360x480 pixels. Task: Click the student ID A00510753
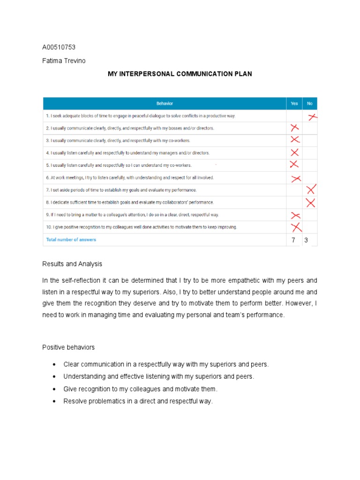point(59,47)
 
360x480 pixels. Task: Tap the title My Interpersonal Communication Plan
point(180,74)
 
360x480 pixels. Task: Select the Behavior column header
point(164,104)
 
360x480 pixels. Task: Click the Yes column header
point(294,104)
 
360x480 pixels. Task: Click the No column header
point(309,104)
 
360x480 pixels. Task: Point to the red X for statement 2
point(294,128)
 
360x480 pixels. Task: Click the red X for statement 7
point(311,190)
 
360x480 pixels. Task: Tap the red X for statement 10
point(295,227)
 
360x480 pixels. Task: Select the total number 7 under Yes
point(294,240)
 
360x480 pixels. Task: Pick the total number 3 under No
point(306,240)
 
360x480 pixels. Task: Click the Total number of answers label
point(71,240)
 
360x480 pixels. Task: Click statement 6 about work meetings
point(130,178)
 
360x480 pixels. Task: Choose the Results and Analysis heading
point(72,264)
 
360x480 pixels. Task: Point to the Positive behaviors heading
point(68,347)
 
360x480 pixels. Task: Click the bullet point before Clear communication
point(55,364)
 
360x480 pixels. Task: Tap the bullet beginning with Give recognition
point(55,389)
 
